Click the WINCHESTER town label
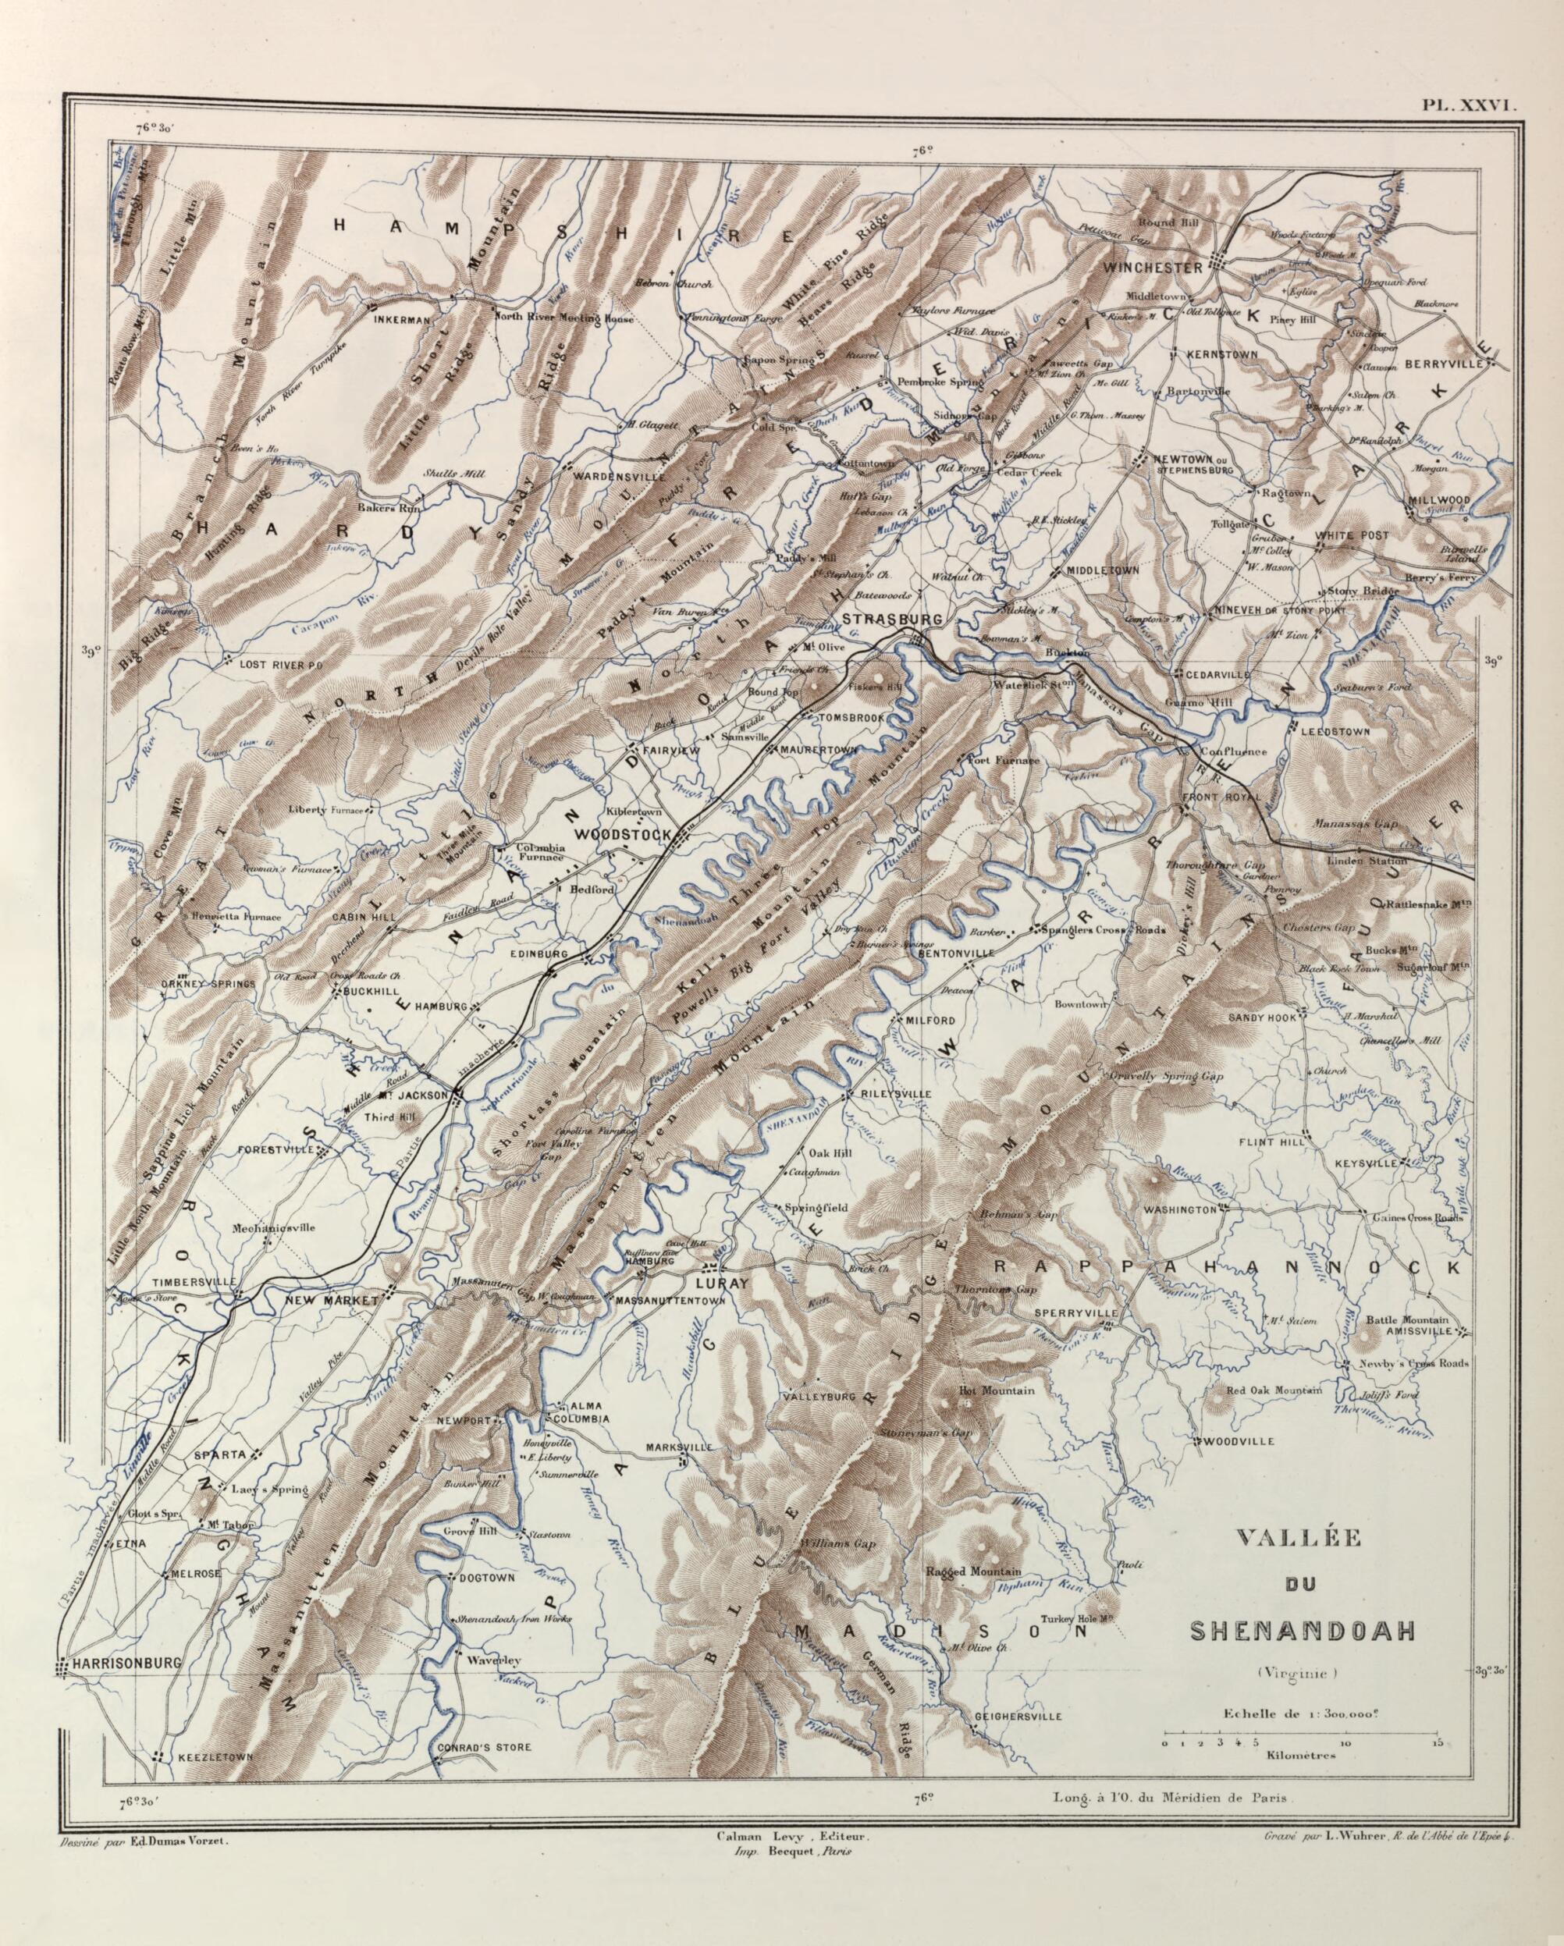(x=1151, y=268)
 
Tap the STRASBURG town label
(x=892, y=620)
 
